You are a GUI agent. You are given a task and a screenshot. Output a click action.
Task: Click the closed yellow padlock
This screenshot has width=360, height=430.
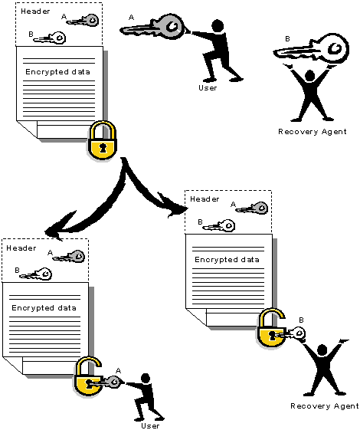tap(102, 140)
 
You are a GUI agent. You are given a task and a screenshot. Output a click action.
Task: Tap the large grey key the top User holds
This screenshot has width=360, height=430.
tap(153, 27)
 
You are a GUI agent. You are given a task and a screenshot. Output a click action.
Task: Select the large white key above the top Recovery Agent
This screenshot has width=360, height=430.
tap(312, 49)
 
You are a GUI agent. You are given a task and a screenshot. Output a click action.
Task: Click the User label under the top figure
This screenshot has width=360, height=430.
tap(208, 88)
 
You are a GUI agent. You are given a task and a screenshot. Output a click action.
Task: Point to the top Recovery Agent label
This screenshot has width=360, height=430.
tap(313, 132)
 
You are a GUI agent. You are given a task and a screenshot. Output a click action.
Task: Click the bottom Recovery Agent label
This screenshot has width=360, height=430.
tap(325, 406)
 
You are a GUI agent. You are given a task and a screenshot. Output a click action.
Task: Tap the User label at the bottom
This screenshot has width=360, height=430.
tap(150, 425)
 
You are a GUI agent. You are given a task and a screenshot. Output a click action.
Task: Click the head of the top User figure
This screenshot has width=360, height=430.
tap(218, 26)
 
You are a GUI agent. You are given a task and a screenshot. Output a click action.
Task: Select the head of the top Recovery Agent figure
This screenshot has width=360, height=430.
tap(310, 76)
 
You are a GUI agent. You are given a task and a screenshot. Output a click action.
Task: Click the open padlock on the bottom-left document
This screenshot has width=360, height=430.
tap(87, 378)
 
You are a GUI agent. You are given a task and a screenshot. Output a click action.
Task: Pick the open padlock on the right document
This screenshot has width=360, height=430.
tap(271, 329)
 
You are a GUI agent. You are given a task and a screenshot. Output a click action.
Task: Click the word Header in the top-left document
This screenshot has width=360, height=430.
tap(35, 11)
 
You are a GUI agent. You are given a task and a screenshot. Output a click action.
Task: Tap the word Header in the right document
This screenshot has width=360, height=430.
tap(205, 199)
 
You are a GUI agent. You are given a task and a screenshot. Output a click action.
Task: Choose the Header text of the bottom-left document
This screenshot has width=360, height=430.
tap(21, 248)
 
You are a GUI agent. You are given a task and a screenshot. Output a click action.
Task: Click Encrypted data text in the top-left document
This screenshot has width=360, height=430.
tap(57, 72)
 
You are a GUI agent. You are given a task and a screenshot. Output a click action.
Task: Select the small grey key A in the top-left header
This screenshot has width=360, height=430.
tap(83, 21)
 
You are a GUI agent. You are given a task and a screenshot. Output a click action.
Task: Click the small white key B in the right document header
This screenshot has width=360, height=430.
tap(218, 226)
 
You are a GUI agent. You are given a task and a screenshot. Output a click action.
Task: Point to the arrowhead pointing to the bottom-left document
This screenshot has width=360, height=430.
tap(56, 228)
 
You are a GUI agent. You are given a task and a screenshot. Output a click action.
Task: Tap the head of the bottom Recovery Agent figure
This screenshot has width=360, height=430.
tap(322, 351)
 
